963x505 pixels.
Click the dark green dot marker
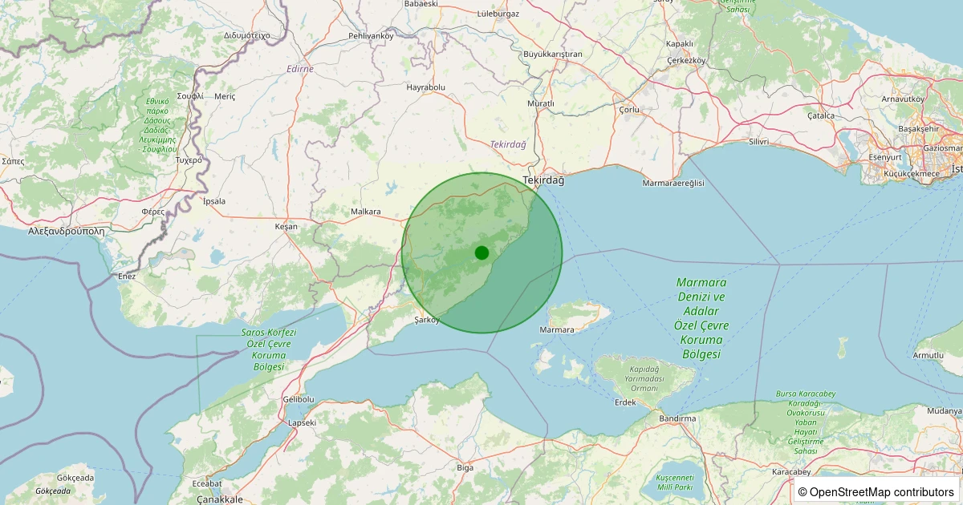(481, 252)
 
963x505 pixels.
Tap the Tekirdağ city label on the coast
(543, 180)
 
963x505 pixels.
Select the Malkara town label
(365, 212)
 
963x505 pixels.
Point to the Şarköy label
(427, 320)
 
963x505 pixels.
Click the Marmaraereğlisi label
(673, 184)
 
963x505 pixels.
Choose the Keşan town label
(286, 227)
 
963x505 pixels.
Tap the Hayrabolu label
(425, 87)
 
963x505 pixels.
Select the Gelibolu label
(299, 399)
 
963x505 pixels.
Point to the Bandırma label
(677, 418)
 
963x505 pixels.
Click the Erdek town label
(624, 402)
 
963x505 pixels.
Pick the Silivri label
(758, 142)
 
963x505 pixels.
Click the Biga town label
(465, 467)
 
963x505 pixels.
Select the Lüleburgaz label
(498, 14)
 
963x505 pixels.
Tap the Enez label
(127, 276)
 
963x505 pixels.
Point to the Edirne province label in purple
(300, 69)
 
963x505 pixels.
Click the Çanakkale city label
(220, 499)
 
